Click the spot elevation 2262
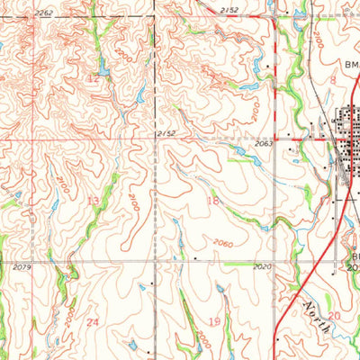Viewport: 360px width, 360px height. pos(44,12)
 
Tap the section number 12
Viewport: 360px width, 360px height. pos(93,79)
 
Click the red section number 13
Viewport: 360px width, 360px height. pos(94,200)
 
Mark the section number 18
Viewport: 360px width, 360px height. pos(214,200)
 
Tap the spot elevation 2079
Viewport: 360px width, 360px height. pos(23,267)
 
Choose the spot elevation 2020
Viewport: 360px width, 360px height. pos(262,267)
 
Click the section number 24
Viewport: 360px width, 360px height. pos(91,320)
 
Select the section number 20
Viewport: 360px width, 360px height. pos(335,316)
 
